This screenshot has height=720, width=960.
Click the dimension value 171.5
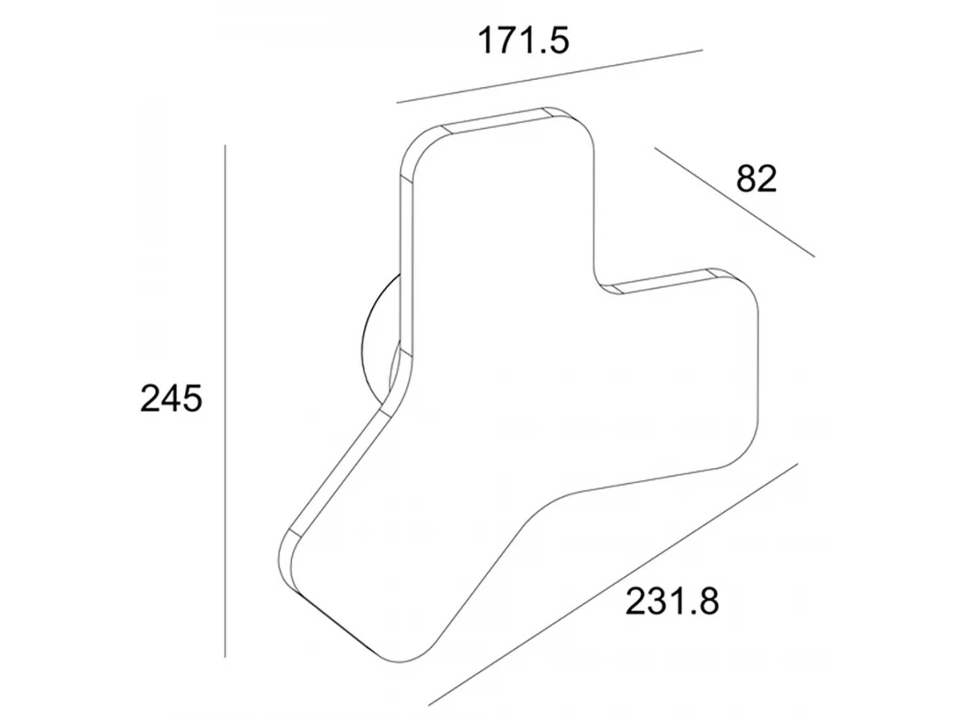523,41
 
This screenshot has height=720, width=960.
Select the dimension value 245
171,398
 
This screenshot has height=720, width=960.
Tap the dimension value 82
756,178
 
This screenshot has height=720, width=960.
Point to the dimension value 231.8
672,602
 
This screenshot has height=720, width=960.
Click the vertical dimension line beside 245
226,401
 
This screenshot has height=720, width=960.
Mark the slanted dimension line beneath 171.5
550,77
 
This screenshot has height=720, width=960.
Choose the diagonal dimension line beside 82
734,202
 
